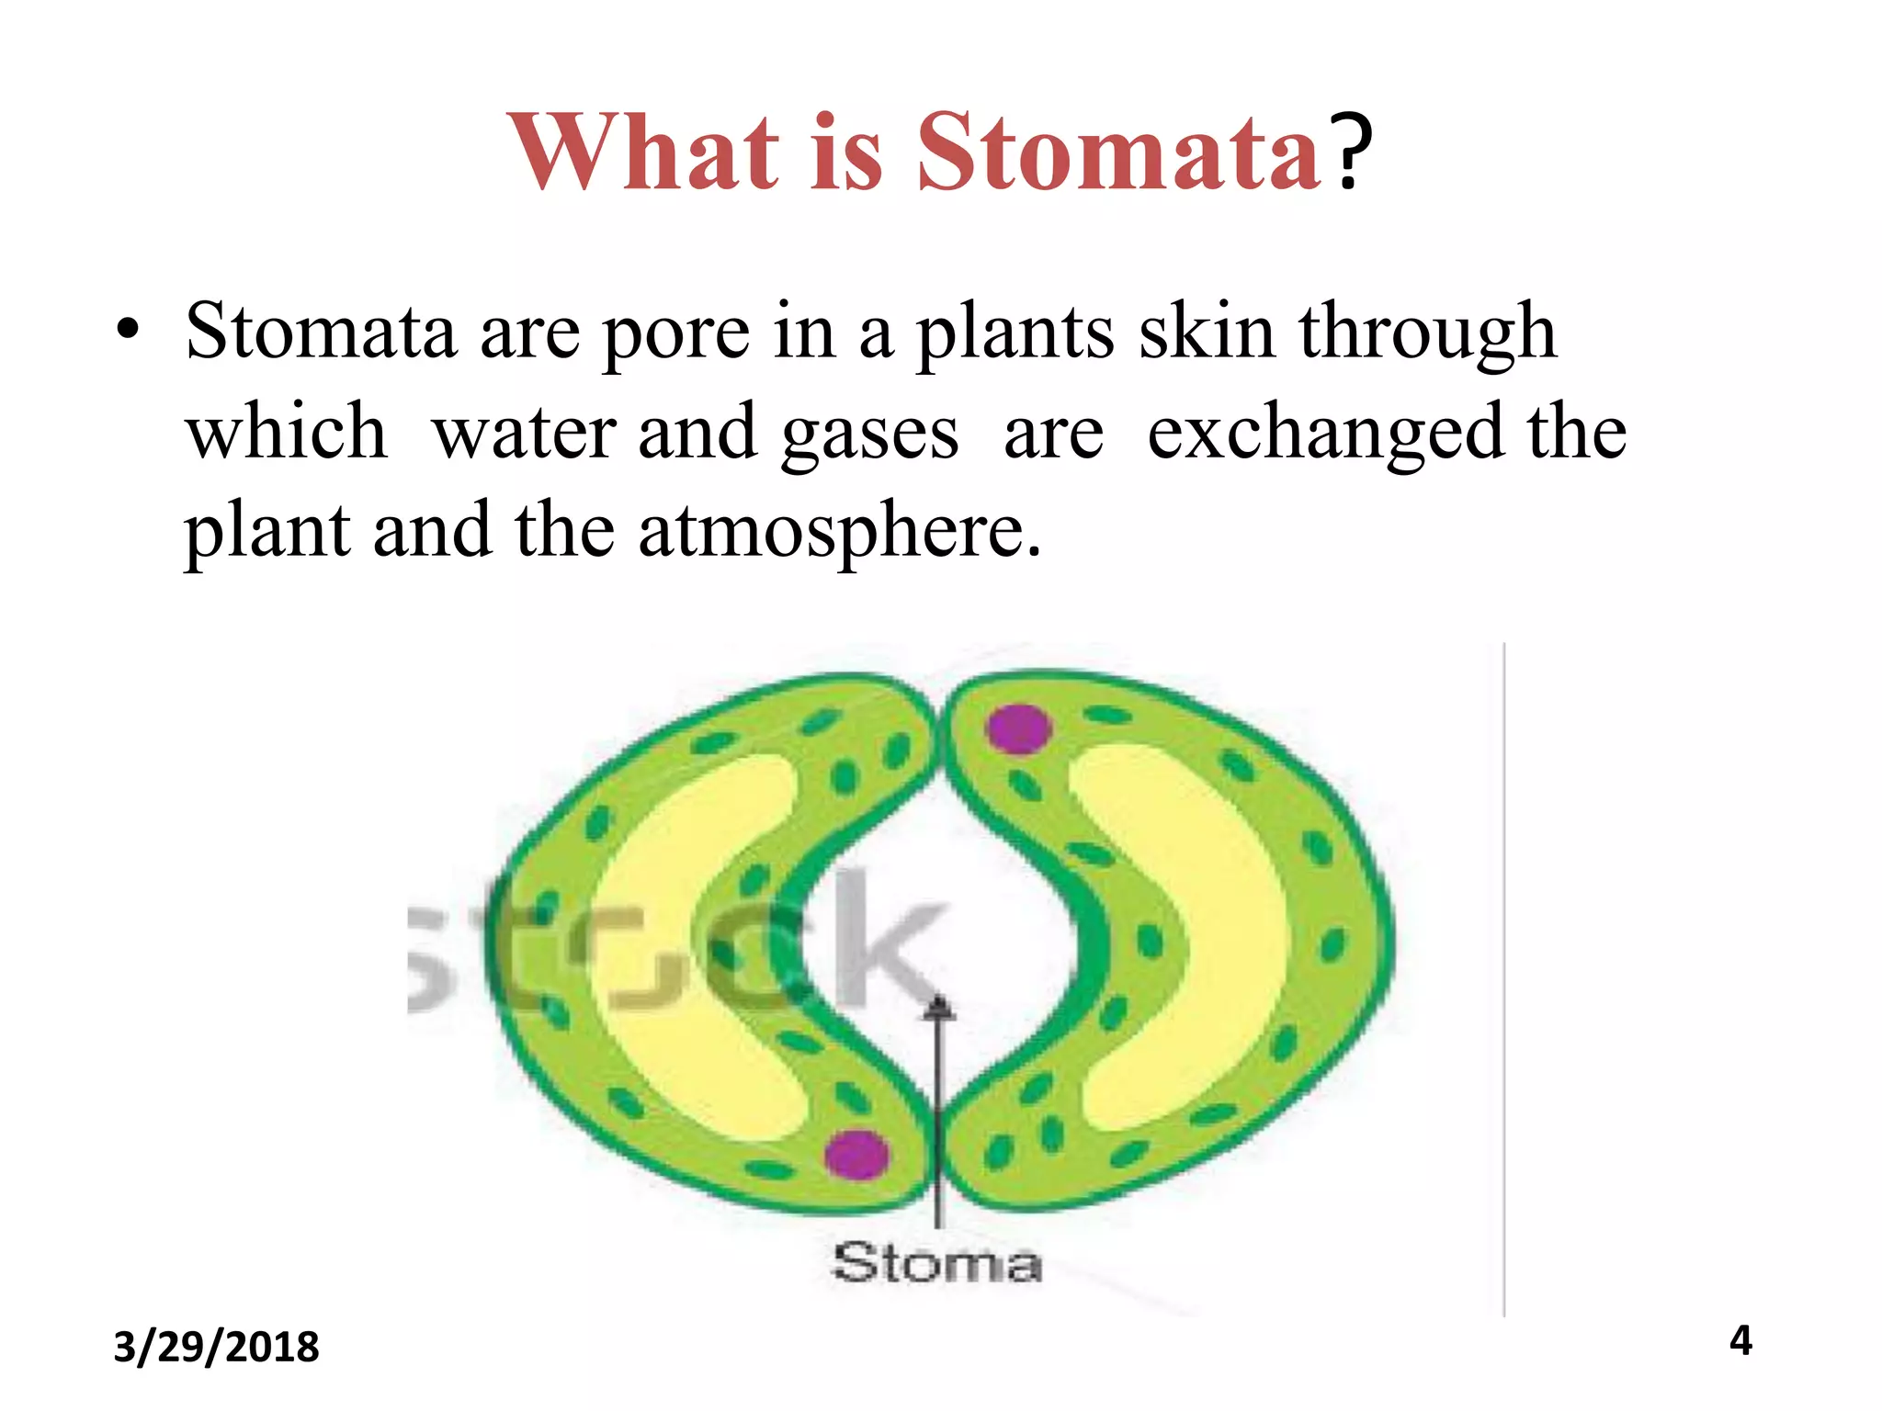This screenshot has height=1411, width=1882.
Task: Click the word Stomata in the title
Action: pyautogui.click(x=1118, y=152)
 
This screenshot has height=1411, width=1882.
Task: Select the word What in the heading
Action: pyautogui.click(x=642, y=152)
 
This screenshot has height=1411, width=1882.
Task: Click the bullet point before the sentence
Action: pyautogui.click(x=128, y=331)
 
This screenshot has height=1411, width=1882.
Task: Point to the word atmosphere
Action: pyautogui.click(x=840, y=533)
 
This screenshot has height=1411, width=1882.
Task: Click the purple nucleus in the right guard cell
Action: pyautogui.click(x=1018, y=728)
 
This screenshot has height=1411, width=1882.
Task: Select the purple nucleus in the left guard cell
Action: pyautogui.click(x=856, y=1153)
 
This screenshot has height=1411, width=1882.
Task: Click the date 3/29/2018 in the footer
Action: pyautogui.click(x=216, y=1348)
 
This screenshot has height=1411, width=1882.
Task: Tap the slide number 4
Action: pyautogui.click(x=1740, y=1341)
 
